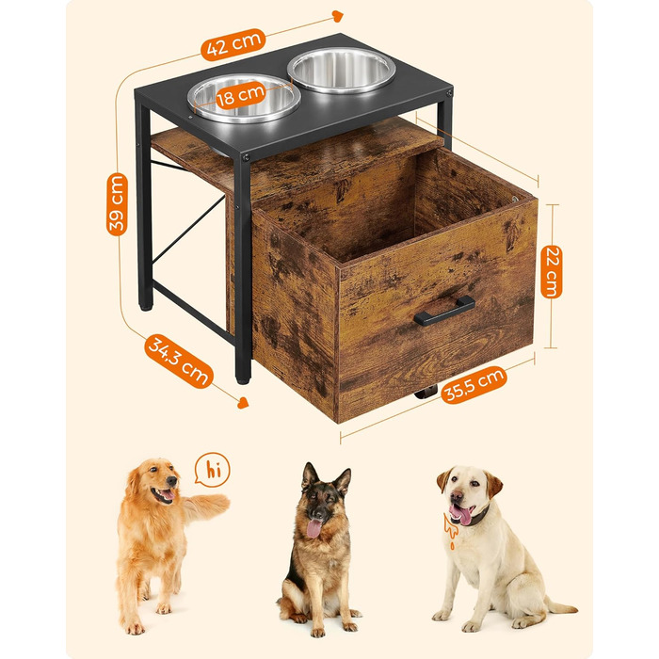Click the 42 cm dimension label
233,44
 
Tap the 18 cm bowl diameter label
240,96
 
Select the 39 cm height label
117,204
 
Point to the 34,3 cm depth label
179,361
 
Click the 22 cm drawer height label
552,271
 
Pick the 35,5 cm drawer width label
474,385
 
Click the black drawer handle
444,311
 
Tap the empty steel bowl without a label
341,70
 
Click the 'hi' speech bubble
212,470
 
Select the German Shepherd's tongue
313,528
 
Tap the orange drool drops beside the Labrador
450,529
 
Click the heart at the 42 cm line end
337,16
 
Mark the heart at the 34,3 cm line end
243,403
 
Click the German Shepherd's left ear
309,475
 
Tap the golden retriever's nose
172,481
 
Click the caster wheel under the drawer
426,394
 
